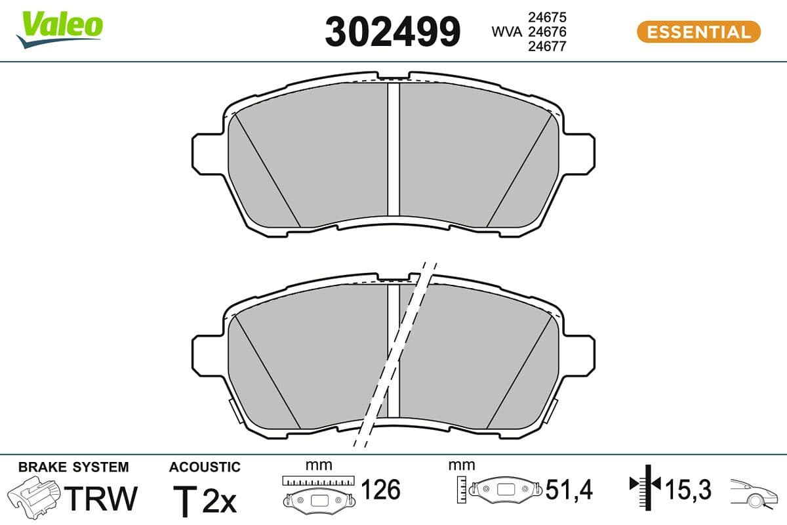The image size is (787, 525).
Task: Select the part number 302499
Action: (393, 31)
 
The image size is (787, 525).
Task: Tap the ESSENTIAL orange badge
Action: (698, 32)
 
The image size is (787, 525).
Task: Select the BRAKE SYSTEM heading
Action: (73, 467)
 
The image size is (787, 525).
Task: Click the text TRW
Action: (104, 498)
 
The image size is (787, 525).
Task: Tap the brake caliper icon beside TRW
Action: (35, 498)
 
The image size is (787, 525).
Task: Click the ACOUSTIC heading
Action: (205, 467)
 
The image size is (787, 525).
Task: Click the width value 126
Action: (381, 490)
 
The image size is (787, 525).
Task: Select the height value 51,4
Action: (569, 490)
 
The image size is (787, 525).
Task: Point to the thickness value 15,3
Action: (688, 490)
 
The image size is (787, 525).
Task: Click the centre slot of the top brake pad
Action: (393, 149)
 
